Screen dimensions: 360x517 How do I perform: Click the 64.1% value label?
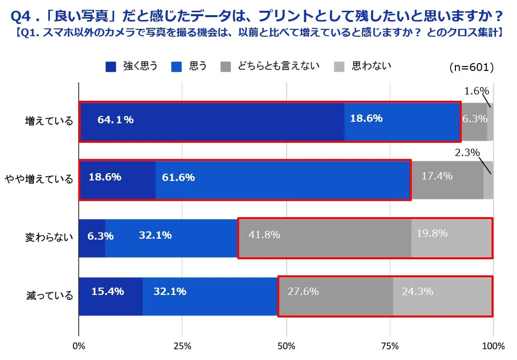pos(115,120)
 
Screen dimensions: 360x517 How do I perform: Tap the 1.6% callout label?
pos(476,91)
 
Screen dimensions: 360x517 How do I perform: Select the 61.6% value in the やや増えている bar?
pos(178,178)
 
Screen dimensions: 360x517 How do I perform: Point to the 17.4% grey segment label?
pos(437,176)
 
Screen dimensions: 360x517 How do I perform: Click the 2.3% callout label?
pos(467,153)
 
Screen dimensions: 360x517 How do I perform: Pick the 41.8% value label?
pos(264,235)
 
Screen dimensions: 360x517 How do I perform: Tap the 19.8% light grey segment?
pos(451,238)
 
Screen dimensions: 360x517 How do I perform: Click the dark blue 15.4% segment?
pos(111,296)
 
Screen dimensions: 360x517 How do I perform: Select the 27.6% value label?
pos(303,292)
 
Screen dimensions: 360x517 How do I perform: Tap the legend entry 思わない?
pos(371,66)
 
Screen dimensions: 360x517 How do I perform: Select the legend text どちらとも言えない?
pos(278,66)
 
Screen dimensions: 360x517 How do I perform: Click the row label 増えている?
pos(49,121)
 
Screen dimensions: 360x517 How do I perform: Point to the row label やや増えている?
pos(39,179)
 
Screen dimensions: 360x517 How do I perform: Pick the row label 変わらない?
pos(49,238)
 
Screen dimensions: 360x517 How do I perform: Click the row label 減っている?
pos(49,295)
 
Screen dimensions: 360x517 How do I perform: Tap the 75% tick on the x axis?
pos(389,347)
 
